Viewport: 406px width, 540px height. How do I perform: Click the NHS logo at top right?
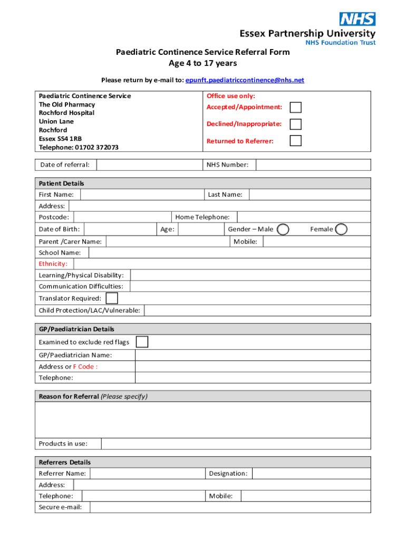pos(357,20)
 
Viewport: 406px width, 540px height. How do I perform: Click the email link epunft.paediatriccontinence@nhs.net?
pos(245,80)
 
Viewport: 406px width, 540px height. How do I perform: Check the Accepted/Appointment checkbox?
pos(296,108)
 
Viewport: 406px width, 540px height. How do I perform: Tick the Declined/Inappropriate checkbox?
pos(296,124)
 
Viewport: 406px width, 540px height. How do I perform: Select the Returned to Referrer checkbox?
pos(296,141)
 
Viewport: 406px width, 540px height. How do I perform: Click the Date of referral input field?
pos(149,165)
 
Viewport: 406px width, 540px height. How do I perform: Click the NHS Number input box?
pos(313,165)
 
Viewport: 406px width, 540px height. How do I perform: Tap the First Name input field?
pos(141,195)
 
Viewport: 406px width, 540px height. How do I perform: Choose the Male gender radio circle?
pos(283,229)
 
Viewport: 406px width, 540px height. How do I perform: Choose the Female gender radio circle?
pos(342,229)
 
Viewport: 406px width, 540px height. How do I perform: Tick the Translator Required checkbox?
pos(112,298)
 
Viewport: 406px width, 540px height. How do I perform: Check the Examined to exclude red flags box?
pos(142,342)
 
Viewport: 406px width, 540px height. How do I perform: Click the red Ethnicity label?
pos(53,264)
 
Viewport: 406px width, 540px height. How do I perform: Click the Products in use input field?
pos(236,443)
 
